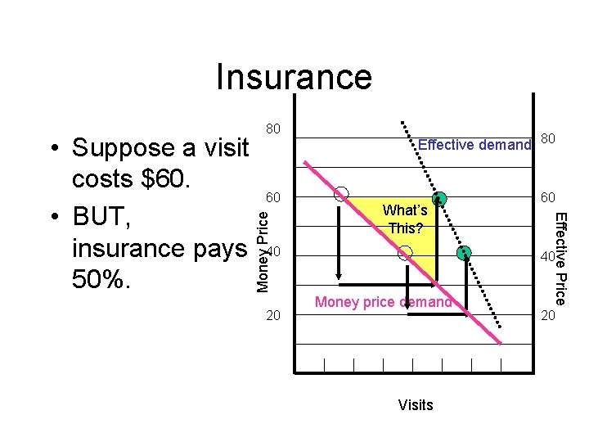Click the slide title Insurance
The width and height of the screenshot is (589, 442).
click(x=294, y=77)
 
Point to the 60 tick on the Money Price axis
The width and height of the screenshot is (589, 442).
click(x=274, y=197)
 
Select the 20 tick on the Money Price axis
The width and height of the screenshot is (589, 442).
click(x=274, y=315)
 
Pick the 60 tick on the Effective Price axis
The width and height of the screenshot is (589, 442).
click(x=546, y=197)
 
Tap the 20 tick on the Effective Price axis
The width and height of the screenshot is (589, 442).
click(x=546, y=315)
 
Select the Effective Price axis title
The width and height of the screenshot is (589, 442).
click(x=561, y=258)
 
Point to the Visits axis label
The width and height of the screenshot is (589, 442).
click(x=416, y=404)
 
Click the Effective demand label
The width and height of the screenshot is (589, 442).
click(x=474, y=146)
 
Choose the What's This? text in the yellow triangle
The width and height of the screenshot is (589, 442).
click(x=404, y=220)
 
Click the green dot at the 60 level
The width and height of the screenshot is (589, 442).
click(x=439, y=198)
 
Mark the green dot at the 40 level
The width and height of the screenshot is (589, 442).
click(x=465, y=253)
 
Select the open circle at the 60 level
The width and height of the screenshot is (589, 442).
click(x=341, y=194)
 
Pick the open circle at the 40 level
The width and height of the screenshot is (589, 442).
click(x=404, y=254)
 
